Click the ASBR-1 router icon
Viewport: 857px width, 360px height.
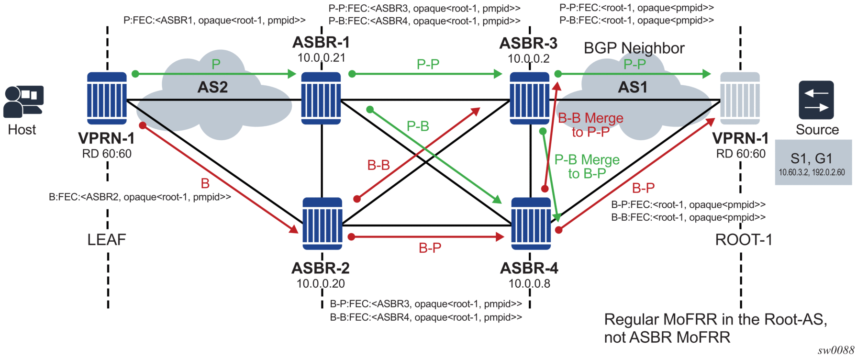pyautogui.click(x=321, y=98)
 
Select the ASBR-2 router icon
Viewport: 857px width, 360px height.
pyautogui.click(x=322, y=223)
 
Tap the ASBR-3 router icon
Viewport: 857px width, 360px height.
pyautogui.click(x=529, y=98)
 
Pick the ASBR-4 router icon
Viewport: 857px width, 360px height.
pyautogui.click(x=531, y=223)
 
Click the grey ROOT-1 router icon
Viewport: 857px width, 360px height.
pyautogui.click(x=740, y=98)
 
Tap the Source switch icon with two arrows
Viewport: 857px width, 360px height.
pyautogui.click(x=816, y=100)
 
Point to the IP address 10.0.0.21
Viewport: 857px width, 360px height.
pyautogui.click(x=321, y=58)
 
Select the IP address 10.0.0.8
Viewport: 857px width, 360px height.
pyautogui.click(x=529, y=283)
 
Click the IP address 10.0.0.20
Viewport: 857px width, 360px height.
pyautogui.click(x=321, y=283)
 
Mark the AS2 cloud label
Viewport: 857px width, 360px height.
pyautogui.click(x=212, y=87)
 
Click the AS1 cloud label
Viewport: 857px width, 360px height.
pyautogui.click(x=633, y=87)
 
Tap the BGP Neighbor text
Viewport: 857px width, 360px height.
pyautogui.click(x=634, y=48)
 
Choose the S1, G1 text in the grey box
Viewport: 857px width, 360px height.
pyautogui.click(x=812, y=158)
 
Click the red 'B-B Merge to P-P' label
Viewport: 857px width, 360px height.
pyautogui.click(x=590, y=124)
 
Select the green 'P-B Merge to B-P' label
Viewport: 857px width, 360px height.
pyautogui.click(x=587, y=166)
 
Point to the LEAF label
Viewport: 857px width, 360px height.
pyautogui.click(x=107, y=239)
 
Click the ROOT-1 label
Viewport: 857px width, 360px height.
pyautogui.click(x=744, y=239)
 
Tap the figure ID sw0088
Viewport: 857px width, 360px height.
pyautogui.click(x=835, y=350)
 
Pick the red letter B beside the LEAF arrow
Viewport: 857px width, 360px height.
pyautogui.click(x=205, y=183)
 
